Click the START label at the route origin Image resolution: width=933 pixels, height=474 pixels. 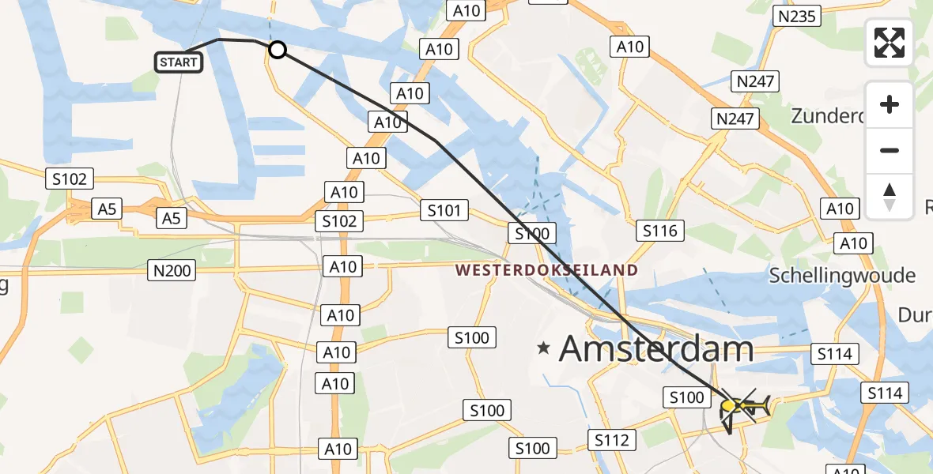tap(179, 62)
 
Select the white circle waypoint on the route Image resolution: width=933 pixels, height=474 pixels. tap(278, 51)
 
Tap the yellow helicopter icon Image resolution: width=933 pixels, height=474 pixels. tap(740, 406)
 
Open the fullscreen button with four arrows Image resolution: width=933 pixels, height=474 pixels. tap(890, 43)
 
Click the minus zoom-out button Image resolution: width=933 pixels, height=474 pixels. tap(890, 150)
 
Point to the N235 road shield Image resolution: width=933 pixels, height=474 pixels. tap(797, 15)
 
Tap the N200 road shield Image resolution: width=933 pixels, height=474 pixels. tap(171, 271)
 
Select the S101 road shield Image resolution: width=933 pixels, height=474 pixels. tap(444, 210)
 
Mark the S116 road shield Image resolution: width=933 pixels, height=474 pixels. tap(660, 231)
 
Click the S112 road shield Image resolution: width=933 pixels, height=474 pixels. tap(612, 439)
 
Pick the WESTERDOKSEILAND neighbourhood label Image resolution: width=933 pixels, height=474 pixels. tap(547, 270)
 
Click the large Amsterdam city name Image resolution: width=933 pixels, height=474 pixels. tap(656, 348)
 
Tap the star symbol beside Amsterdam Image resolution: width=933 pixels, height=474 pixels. tap(543, 348)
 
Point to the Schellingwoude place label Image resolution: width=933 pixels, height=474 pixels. tap(842, 275)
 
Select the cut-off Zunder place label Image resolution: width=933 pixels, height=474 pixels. tap(827, 116)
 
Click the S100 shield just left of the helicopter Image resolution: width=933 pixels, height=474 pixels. tap(686, 397)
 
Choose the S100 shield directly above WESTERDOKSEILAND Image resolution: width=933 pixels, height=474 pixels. tap(532, 233)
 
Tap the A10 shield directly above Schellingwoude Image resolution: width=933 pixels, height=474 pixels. tap(853, 243)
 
